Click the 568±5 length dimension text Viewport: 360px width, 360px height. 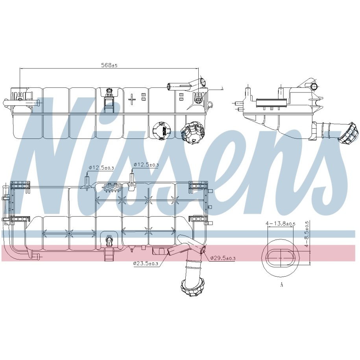pyautogui.click(x=109, y=65)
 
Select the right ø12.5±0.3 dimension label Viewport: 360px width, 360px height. pyautogui.click(x=146, y=164)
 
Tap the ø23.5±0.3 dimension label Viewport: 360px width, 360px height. pyautogui.click(x=146, y=264)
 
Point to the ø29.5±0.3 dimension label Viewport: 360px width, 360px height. pyautogui.click(x=223, y=258)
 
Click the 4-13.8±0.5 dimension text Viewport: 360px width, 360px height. pyautogui.click(x=281, y=223)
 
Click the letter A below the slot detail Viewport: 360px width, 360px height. pyautogui.click(x=281, y=285)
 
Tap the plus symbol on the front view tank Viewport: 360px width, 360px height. pyautogui.click(x=132, y=100)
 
